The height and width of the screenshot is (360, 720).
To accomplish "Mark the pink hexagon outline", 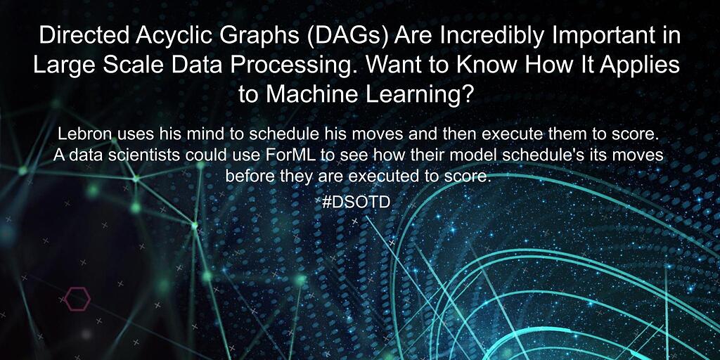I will coord(75,299).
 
